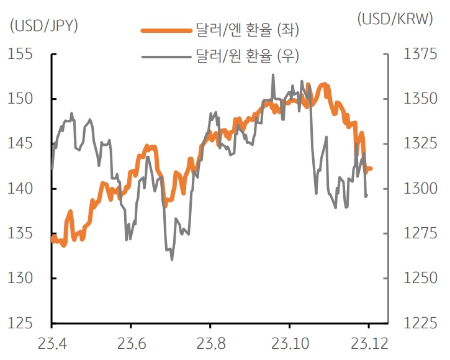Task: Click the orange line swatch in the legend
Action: click(166, 29)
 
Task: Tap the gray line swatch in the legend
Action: click(166, 56)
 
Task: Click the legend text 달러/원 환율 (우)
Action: click(247, 56)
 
